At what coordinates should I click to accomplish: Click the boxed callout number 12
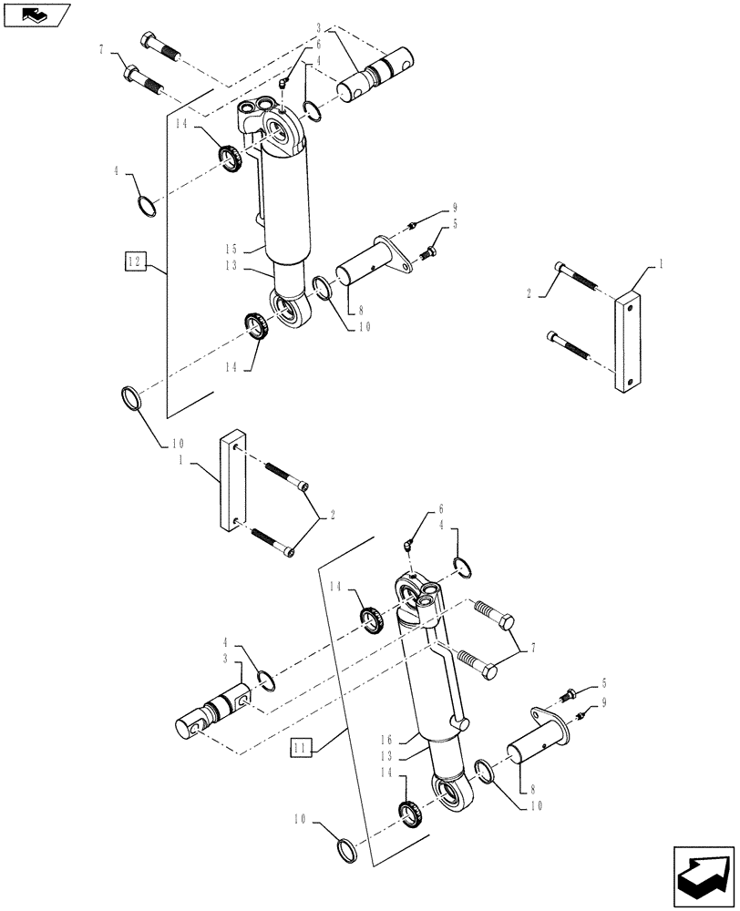pyautogui.click(x=136, y=262)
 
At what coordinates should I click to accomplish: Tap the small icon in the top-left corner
pyautogui.click(x=36, y=15)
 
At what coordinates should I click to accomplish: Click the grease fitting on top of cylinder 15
pyautogui.click(x=284, y=83)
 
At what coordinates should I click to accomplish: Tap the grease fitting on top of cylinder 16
pyautogui.click(x=410, y=544)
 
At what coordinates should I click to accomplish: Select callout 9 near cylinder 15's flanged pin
pyautogui.click(x=453, y=208)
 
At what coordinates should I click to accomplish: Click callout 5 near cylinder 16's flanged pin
pyautogui.click(x=602, y=682)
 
